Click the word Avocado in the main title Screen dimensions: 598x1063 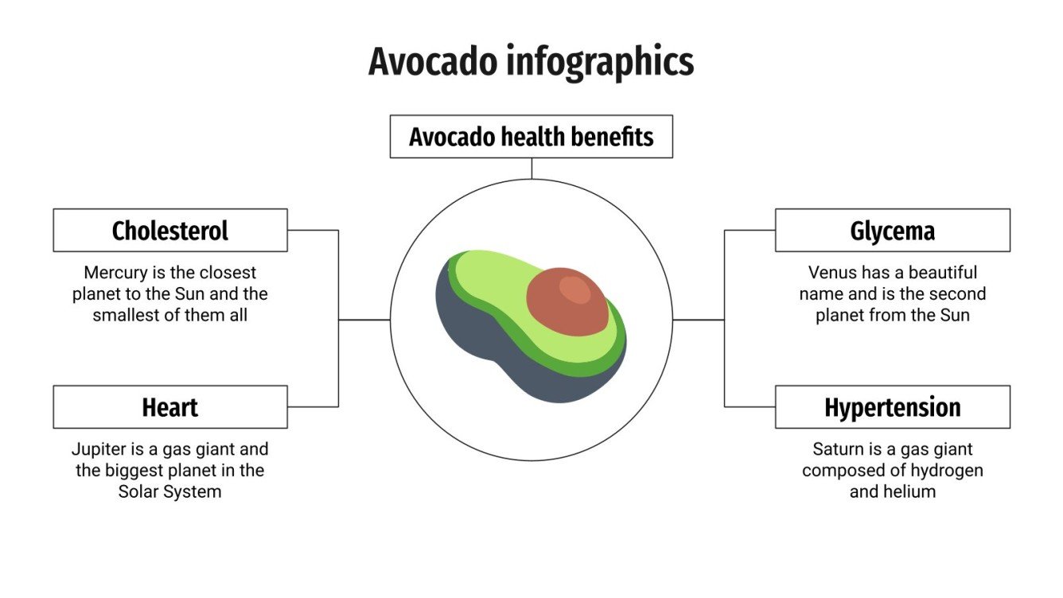click(433, 62)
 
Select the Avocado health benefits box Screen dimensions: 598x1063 click(531, 137)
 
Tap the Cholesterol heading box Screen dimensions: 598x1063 click(169, 231)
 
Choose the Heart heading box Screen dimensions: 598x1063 click(169, 407)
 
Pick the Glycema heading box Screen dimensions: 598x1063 click(892, 231)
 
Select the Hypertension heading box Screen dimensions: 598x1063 click(892, 407)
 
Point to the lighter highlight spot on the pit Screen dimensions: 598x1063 click(574, 289)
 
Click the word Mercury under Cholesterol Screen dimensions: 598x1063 click(115, 273)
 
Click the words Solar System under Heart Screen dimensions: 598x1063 click(169, 491)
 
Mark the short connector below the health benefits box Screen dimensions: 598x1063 click(531, 168)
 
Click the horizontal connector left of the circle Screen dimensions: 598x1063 click(364, 320)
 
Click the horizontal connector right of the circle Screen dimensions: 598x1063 click(698, 320)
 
